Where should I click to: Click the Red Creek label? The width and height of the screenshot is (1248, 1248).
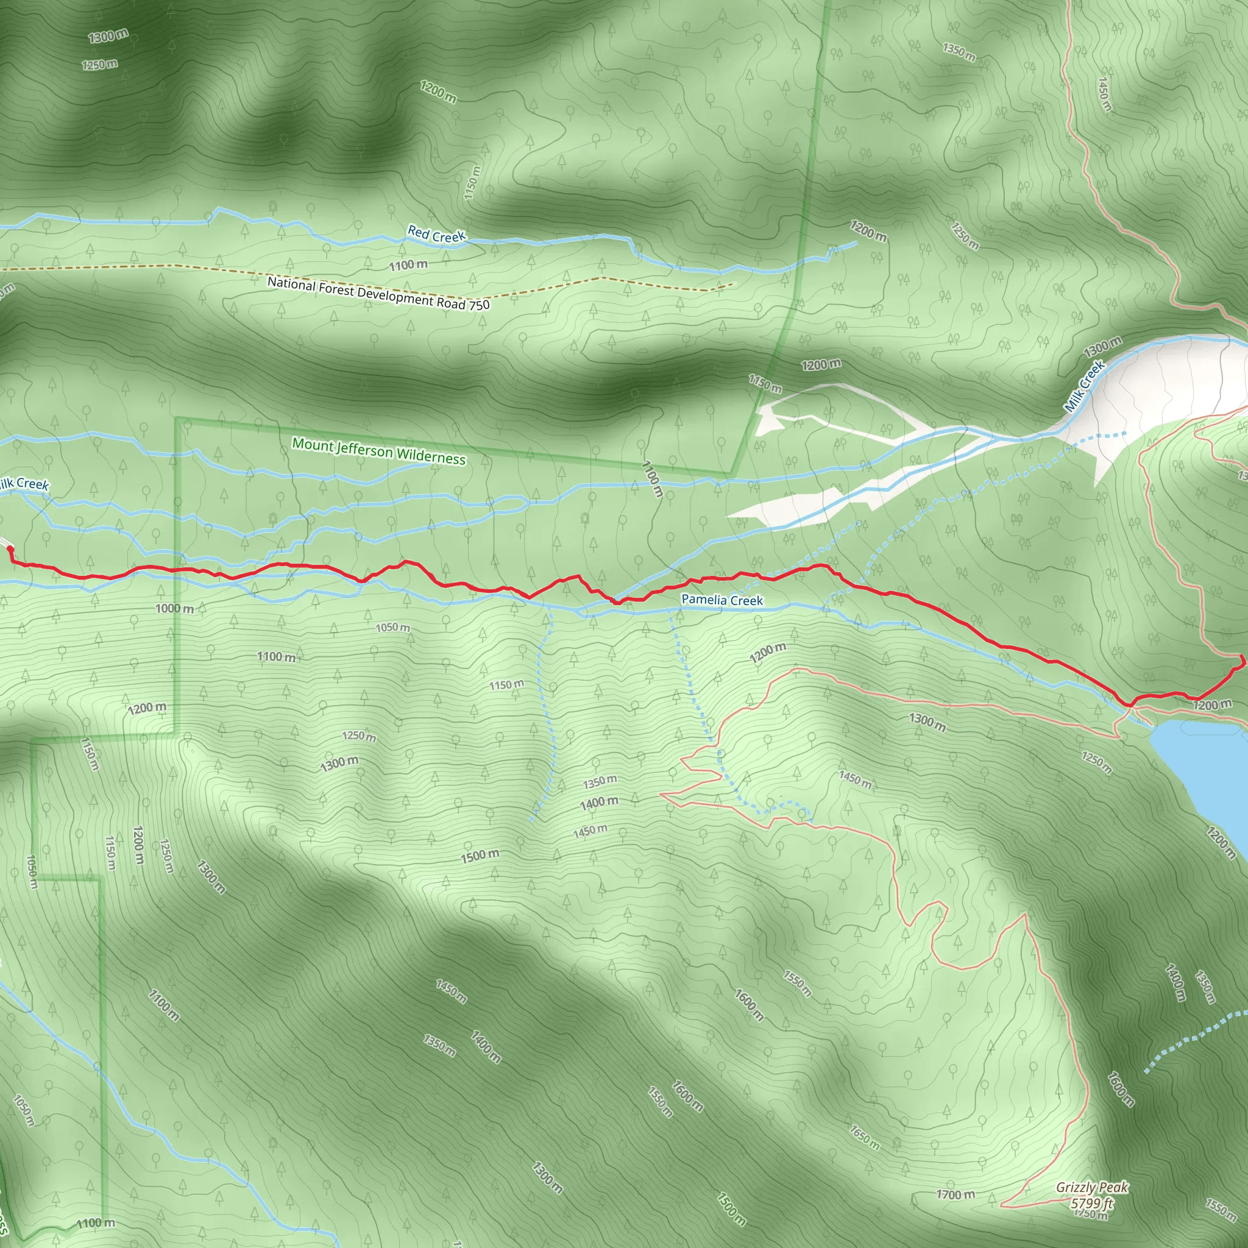point(436,235)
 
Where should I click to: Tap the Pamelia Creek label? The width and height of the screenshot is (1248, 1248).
point(721,600)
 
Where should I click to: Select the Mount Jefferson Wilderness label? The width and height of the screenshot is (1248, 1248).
point(378,451)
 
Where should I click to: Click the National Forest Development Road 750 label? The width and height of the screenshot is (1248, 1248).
point(378,293)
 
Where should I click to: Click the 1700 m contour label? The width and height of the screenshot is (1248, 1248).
point(955,1195)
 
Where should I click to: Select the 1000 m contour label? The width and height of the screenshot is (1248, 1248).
point(174,609)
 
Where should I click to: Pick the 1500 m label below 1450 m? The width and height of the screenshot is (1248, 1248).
point(480,856)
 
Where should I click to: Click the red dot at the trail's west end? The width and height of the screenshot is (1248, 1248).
point(10,549)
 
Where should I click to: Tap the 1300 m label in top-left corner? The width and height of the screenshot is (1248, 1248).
point(108,36)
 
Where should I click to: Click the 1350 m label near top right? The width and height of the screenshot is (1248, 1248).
point(959,52)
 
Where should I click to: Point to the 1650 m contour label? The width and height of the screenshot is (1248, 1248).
point(864,1137)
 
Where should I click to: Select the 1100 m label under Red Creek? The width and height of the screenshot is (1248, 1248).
point(408,265)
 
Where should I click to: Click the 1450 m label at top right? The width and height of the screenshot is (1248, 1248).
point(1105,94)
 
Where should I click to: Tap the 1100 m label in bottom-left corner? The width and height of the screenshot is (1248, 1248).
point(96,1223)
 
